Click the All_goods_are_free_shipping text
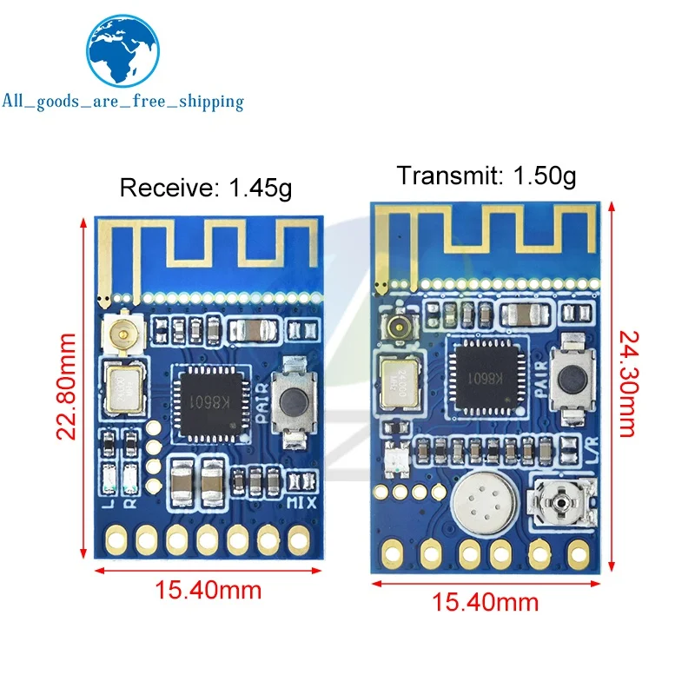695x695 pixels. click(122, 102)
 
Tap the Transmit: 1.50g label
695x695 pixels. click(486, 175)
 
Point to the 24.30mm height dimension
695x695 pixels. click(628, 382)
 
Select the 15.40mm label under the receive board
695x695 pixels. click(208, 591)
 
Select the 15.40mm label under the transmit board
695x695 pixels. click(486, 601)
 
